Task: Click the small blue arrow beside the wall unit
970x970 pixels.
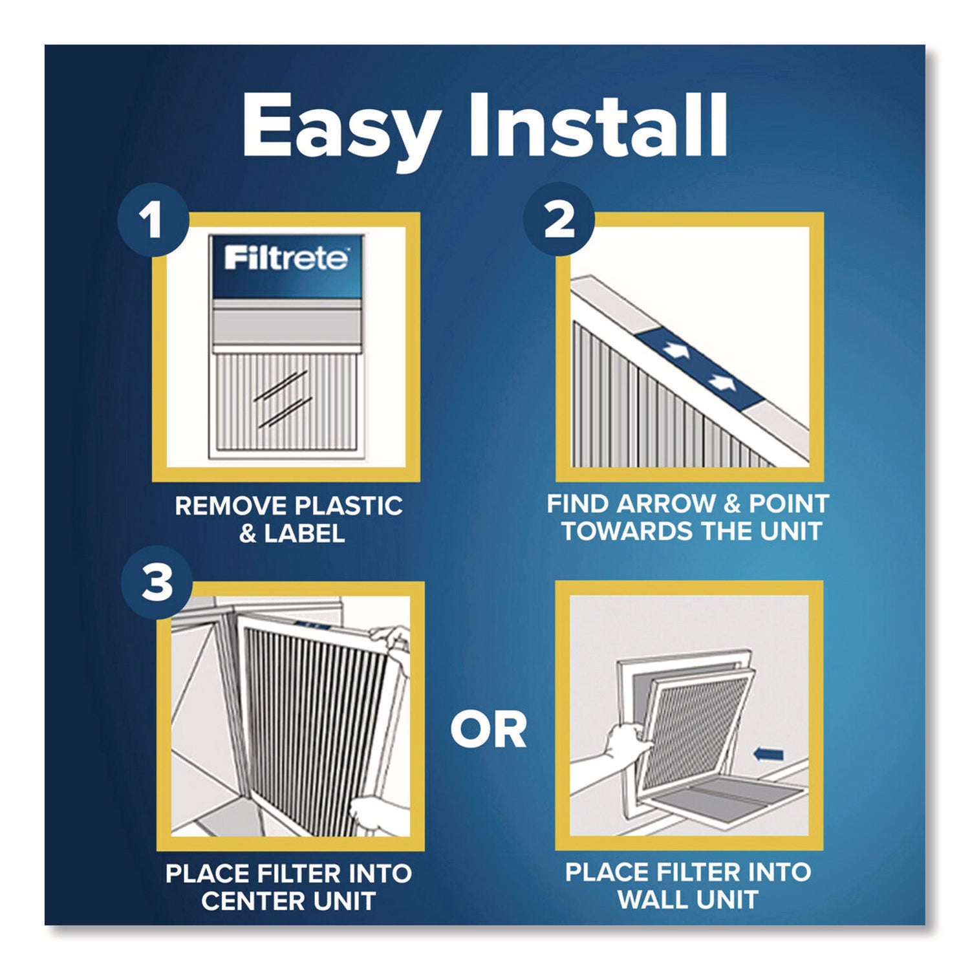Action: (x=769, y=754)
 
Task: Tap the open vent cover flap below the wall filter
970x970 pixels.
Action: (x=750, y=802)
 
